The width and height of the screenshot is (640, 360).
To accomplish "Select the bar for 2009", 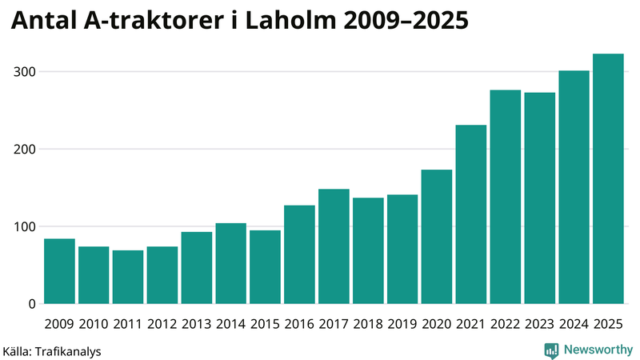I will (59, 271).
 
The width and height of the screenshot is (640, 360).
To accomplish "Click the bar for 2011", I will (128, 277).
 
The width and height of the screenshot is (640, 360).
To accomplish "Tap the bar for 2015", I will (265, 267).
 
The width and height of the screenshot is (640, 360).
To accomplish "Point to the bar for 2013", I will (197, 268).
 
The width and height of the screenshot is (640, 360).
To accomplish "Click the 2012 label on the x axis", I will (162, 324).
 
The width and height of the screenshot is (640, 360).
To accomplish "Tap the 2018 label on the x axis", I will (368, 324).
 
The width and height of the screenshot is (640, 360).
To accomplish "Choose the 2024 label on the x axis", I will (574, 324).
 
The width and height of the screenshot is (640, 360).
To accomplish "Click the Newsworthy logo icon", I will (551, 350).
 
